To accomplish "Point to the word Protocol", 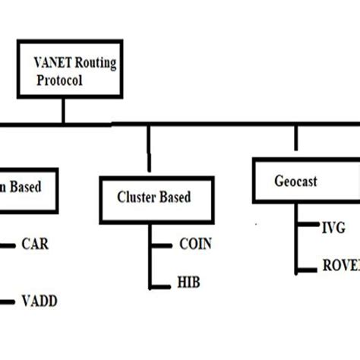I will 58,81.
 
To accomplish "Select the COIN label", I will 195,245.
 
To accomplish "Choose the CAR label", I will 36,245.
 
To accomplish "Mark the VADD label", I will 39,301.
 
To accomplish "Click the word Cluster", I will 135,197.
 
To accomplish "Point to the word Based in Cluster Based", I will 174,197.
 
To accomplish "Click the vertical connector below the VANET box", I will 64,111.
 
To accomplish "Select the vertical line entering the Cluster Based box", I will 149,150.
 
